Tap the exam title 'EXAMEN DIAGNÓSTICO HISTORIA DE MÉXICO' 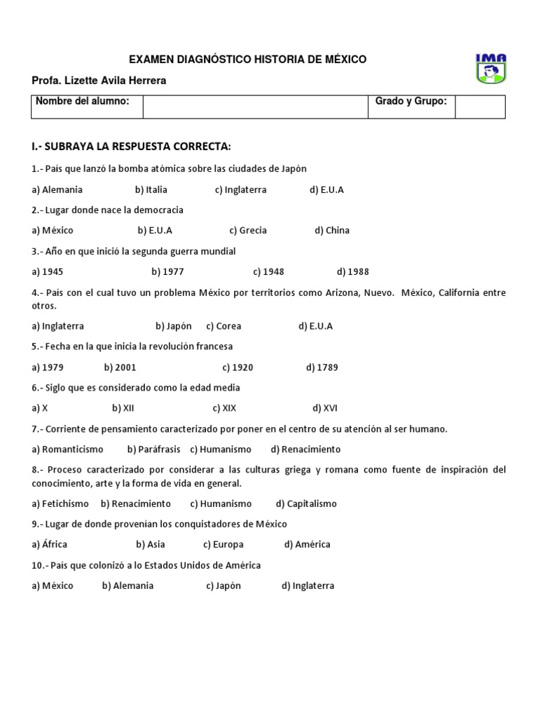(x=248, y=60)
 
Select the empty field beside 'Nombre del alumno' (x=255, y=107)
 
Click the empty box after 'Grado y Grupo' (x=480, y=107)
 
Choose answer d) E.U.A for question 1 (x=326, y=190)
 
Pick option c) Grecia (x=248, y=231)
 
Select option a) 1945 (x=48, y=272)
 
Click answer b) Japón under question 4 (x=174, y=326)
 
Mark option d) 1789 (x=322, y=367)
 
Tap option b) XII (x=123, y=408)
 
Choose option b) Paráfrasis (x=153, y=449)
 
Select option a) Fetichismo (x=60, y=503)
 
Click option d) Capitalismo (x=306, y=503)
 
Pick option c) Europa (x=223, y=545)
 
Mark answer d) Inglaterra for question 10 (x=308, y=586)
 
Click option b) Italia (x=151, y=190)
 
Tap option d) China (x=332, y=231)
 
